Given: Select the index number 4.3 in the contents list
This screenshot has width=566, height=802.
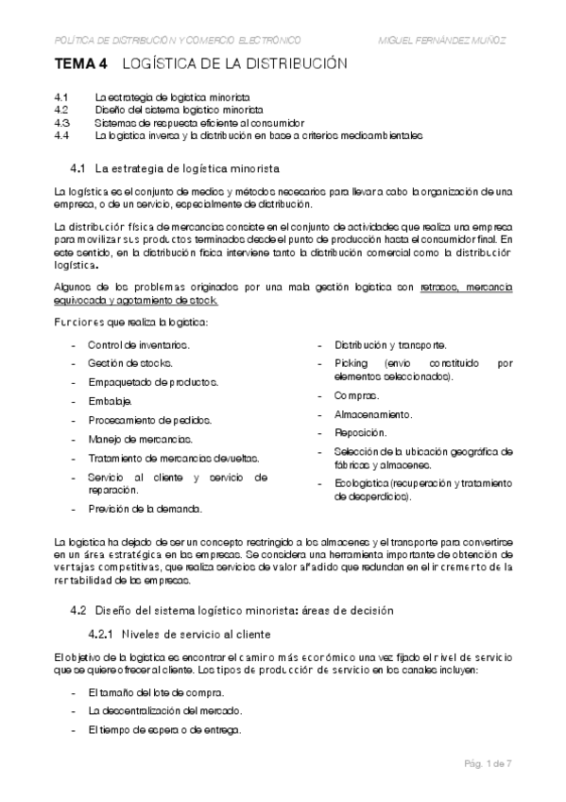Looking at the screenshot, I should (x=62, y=123).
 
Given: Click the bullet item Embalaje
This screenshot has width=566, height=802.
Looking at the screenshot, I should (x=110, y=401).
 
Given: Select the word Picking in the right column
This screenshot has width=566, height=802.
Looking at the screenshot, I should (x=352, y=363).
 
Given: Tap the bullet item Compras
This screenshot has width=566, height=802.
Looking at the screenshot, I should (x=356, y=396).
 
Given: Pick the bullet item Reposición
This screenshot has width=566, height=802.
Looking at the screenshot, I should (x=360, y=432).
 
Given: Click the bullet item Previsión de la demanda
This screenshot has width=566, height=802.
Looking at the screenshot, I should (x=145, y=509).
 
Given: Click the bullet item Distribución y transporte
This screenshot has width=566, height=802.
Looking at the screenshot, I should (x=385, y=345).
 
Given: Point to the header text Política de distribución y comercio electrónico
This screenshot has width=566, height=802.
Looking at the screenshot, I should (x=178, y=40).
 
